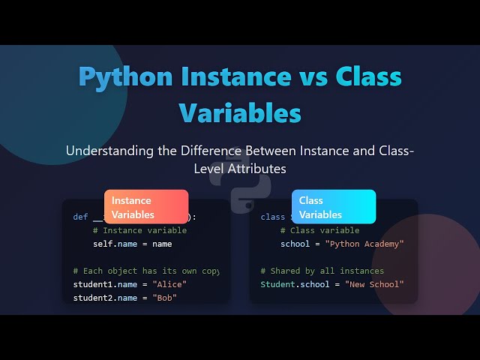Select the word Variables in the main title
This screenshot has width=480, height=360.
[x=240, y=112]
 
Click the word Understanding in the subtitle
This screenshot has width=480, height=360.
[x=112, y=151]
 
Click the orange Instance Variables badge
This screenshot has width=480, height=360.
[x=146, y=207]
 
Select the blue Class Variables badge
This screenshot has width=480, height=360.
[x=334, y=207]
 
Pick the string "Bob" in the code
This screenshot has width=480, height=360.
[x=166, y=298]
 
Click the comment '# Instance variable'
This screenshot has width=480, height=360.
[x=139, y=230]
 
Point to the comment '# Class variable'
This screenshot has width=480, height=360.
[x=319, y=230]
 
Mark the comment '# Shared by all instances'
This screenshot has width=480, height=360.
[x=322, y=271]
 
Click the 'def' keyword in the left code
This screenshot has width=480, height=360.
[x=80, y=217]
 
